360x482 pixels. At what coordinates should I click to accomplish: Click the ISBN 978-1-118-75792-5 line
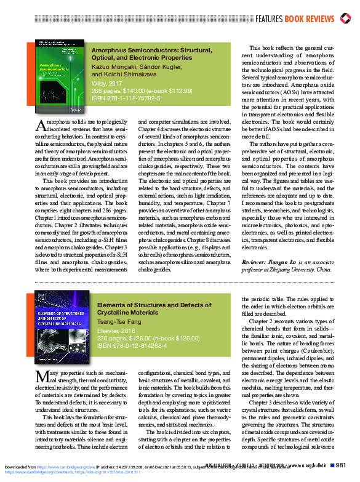tap(126, 97)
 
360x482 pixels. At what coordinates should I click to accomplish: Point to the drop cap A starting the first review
tap(40, 126)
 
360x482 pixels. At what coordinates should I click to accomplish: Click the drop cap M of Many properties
tap(41, 376)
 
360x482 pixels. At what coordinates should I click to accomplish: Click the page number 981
tap(342, 465)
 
